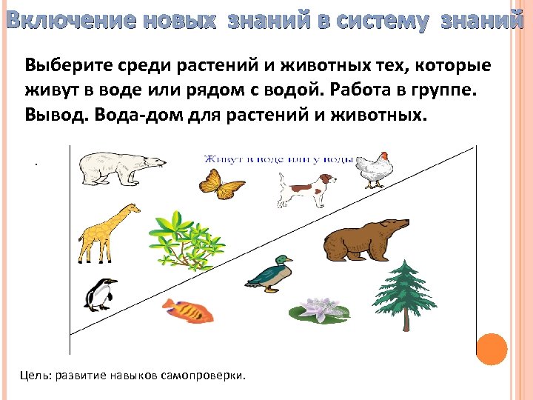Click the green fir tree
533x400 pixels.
click(x=405, y=293)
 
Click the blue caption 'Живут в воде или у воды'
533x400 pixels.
click(x=280, y=159)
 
